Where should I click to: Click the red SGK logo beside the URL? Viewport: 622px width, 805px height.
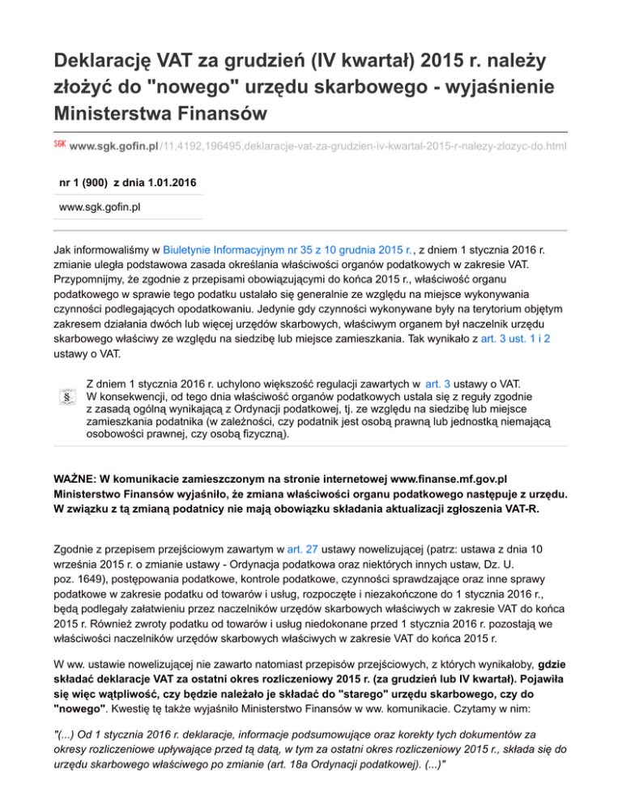[58, 144]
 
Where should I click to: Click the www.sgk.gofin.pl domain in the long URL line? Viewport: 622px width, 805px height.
[113, 147]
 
